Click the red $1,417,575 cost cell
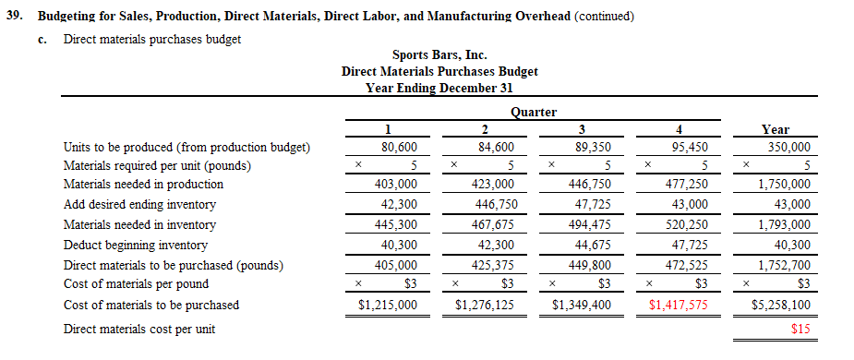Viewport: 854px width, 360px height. pyautogui.click(x=678, y=305)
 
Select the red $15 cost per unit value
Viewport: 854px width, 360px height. pyautogui.click(x=800, y=329)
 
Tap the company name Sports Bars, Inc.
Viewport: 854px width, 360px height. pyautogui.click(x=439, y=55)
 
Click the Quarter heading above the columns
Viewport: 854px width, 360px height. pyautogui.click(x=534, y=112)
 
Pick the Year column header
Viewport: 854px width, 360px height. pyautogui.click(x=775, y=130)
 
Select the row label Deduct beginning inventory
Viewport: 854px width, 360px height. pyautogui.click(x=135, y=246)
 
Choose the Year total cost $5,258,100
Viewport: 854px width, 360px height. pyautogui.click(x=781, y=305)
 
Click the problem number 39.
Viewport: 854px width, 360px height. pyautogui.click(x=15, y=17)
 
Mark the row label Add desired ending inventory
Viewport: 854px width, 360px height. pyautogui.click(x=139, y=204)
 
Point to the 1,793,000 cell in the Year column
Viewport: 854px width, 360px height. pyautogui.click(x=785, y=224)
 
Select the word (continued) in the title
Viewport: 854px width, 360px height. pyautogui.click(x=604, y=17)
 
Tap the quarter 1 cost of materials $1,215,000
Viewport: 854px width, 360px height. pyautogui.click(x=388, y=305)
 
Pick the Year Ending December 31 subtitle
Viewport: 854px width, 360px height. pyautogui.click(x=439, y=88)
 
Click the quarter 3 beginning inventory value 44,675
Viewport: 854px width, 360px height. pyautogui.click(x=588, y=246)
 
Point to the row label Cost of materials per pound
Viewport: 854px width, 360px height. pyautogui.click(x=136, y=283)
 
